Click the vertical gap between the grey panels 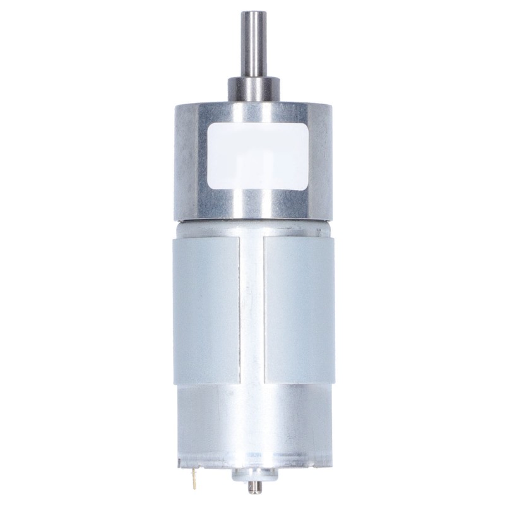253,309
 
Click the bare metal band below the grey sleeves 253,417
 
